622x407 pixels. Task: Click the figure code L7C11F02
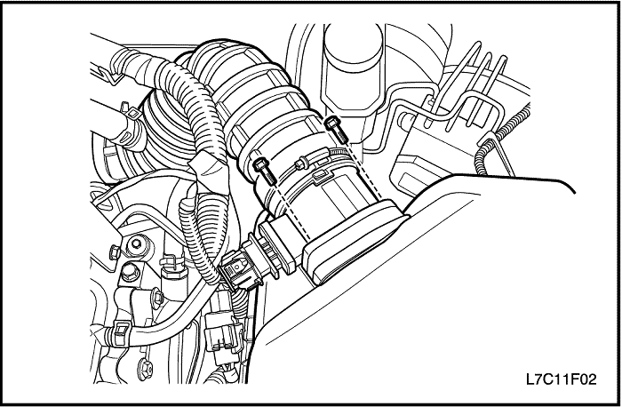(x=561, y=379)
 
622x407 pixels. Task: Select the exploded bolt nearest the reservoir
(x=337, y=130)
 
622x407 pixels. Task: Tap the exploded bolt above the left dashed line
(x=264, y=171)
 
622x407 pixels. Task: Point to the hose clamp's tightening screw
(x=301, y=163)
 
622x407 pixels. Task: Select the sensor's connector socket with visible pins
(x=276, y=247)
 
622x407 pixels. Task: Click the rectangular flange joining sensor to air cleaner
(x=355, y=242)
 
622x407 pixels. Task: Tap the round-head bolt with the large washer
(x=137, y=244)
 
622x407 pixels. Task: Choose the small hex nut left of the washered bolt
(x=115, y=251)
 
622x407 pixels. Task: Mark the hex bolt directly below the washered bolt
(x=130, y=272)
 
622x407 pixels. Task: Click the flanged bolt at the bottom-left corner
(x=145, y=370)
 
